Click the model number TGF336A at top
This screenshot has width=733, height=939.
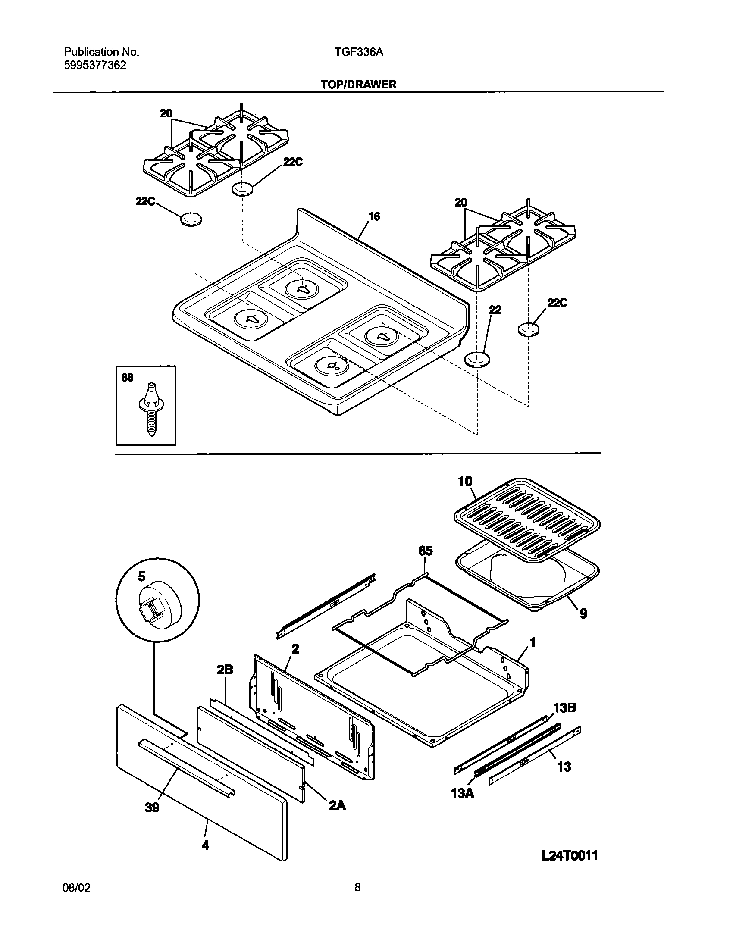(x=359, y=52)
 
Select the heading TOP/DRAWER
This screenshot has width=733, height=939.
(x=358, y=85)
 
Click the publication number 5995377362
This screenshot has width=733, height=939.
(x=95, y=65)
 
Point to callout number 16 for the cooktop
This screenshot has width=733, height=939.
(x=375, y=216)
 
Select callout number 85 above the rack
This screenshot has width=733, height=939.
(x=425, y=551)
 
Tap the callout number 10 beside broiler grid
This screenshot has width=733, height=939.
(x=465, y=482)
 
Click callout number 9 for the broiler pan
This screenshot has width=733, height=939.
(x=583, y=613)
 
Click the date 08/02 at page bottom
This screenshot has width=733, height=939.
(x=77, y=888)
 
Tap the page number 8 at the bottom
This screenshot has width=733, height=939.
(x=357, y=888)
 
